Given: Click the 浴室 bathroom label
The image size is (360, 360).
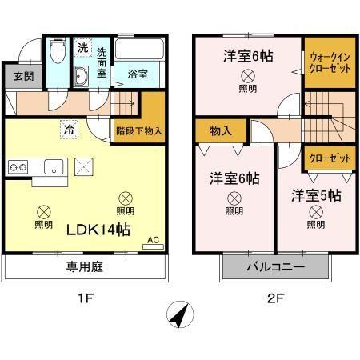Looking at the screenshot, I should (x=138, y=74).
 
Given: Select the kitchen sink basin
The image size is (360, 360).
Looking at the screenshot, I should (x=54, y=166).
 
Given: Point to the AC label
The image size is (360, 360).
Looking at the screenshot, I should (x=155, y=238).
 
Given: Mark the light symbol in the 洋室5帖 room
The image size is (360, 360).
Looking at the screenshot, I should (x=316, y=211).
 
